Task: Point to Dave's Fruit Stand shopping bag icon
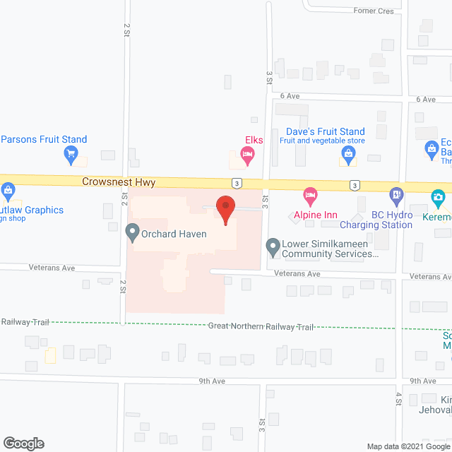[347, 153]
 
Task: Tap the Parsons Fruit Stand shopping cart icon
[70, 153]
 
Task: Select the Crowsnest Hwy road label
[119, 182]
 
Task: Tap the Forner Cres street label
[374, 11]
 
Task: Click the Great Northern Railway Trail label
[261, 326]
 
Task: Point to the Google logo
[23, 444]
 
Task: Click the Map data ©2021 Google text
[408, 446]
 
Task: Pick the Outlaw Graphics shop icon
[8, 189]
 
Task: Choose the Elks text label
[254, 140]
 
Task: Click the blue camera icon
[439, 196]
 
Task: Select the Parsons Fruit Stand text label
[44, 139]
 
